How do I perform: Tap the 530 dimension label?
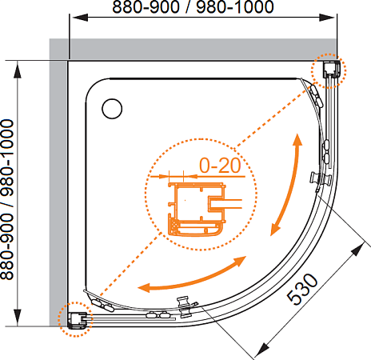pyautogui.click(x=302, y=290)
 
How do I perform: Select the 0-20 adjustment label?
pyautogui.click(x=220, y=166)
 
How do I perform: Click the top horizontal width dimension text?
pyautogui.click(x=193, y=7)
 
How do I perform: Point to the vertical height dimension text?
pyautogui.click(x=7, y=199)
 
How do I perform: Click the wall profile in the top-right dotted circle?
pyautogui.click(x=332, y=70)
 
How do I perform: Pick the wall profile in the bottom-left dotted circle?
pyautogui.click(x=78, y=320)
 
